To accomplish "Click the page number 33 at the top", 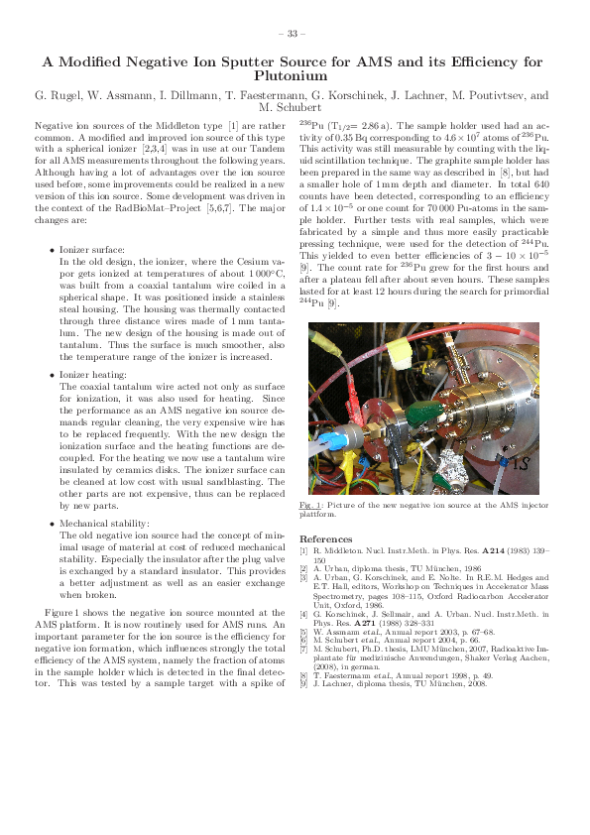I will pyautogui.click(x=295, y=34).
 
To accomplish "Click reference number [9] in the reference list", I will pyautogui.click(x=303, y=683).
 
